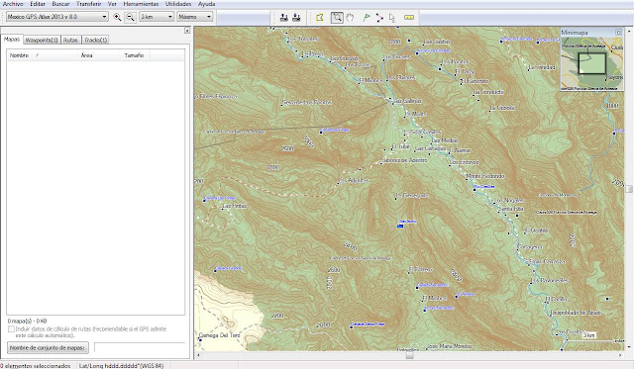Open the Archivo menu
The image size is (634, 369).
(13, 4)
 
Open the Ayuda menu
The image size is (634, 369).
(206, 4)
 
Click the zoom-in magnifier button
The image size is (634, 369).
(118, 17)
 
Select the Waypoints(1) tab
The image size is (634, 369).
(41, 40)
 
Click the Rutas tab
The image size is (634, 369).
(70, 40)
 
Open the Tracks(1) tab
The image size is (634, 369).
(96, 40)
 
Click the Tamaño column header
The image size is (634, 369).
(133, 56)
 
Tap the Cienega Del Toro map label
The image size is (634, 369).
(221, 336)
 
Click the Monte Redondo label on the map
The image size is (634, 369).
(484, 176)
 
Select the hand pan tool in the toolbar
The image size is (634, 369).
(350, 17)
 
